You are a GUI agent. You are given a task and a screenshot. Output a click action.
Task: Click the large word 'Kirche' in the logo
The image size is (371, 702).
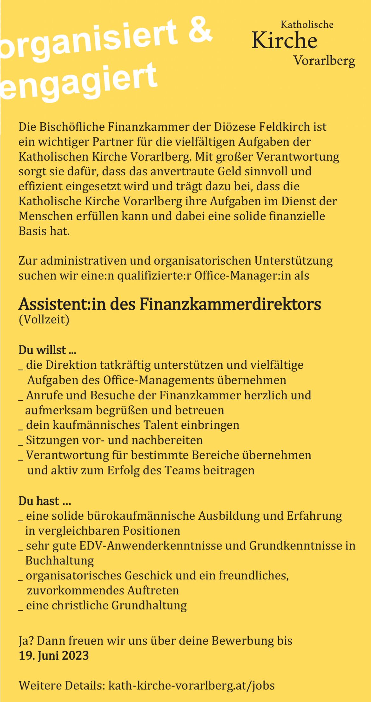pos(284,41)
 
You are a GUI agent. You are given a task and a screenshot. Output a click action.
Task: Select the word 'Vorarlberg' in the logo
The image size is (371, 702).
pos(324,60)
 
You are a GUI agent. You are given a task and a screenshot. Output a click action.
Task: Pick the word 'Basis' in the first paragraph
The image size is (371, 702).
pos(31,231)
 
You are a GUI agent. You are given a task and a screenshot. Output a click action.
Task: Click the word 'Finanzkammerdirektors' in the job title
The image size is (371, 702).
pos(230,304)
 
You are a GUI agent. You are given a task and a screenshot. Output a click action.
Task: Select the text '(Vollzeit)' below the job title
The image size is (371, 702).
pos(44,319)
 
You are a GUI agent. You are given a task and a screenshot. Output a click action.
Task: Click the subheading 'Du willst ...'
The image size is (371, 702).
pos(47,350)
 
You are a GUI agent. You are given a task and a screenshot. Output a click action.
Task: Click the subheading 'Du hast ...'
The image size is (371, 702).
pos(44,501)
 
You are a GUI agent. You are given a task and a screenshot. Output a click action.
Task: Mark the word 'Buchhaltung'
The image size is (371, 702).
pos(59,561)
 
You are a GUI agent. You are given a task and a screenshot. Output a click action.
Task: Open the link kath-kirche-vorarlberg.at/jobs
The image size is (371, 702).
pos(192,685)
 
